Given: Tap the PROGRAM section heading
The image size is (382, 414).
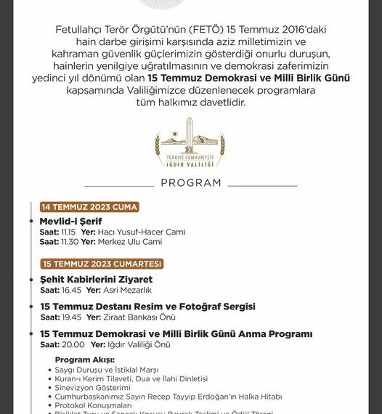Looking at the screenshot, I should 191,183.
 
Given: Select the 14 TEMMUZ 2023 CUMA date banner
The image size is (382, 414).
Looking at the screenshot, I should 89,207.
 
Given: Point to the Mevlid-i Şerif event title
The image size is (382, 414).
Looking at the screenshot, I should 71,221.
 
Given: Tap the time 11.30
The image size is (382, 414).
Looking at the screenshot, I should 71,241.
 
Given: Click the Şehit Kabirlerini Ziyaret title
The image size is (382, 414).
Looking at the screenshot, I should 97,279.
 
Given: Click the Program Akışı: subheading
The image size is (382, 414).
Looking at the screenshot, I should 84,360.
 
